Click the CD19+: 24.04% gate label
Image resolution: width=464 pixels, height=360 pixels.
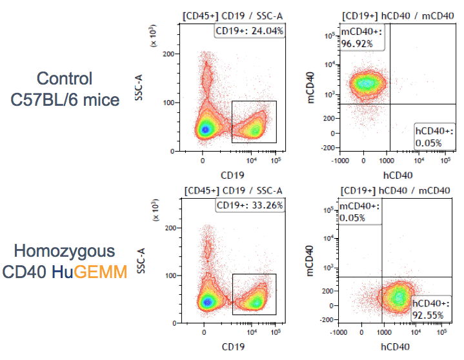point(248,30)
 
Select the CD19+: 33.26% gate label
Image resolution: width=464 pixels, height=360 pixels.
point(249,206)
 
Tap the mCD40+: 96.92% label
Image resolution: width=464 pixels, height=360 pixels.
point(362,38)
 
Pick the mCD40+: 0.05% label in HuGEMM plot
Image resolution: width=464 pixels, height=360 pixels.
point(361,212)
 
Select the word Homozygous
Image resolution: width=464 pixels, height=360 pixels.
point(65,251)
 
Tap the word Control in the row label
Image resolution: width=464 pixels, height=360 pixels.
point(65,79)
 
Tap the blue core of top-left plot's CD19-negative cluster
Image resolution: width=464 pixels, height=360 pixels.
point(205,130)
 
